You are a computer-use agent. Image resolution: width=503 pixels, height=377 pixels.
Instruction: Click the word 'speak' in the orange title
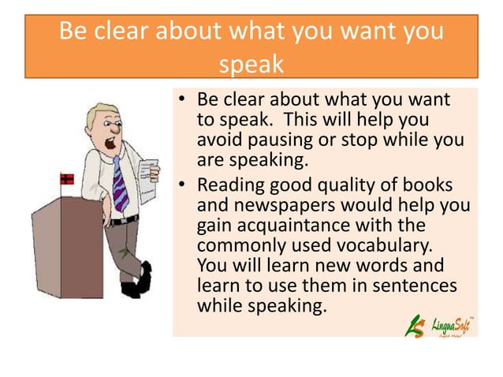coord(251,63)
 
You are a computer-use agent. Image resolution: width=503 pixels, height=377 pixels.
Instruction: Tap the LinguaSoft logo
coord(438,323)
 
